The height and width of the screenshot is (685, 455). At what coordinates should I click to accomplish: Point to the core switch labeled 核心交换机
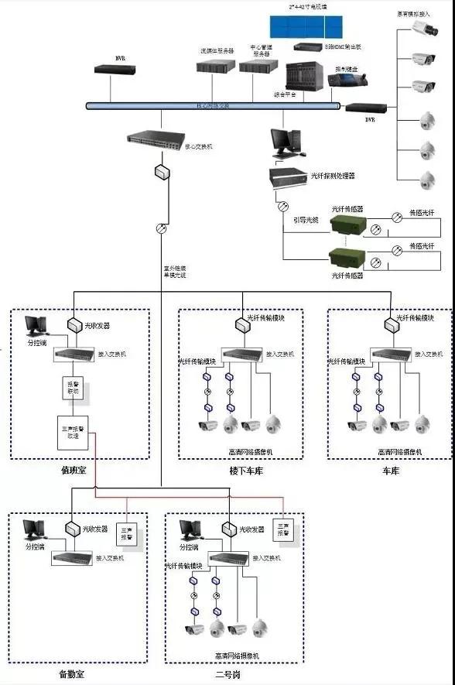pos(154,142)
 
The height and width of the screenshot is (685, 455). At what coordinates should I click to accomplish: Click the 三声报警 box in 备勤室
pos(128,535)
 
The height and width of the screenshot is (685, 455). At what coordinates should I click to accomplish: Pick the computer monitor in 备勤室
pos(33,530)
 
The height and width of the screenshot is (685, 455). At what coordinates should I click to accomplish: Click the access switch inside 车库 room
pos(391,354)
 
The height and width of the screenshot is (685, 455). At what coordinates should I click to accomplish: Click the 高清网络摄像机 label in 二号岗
pos(237,656)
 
